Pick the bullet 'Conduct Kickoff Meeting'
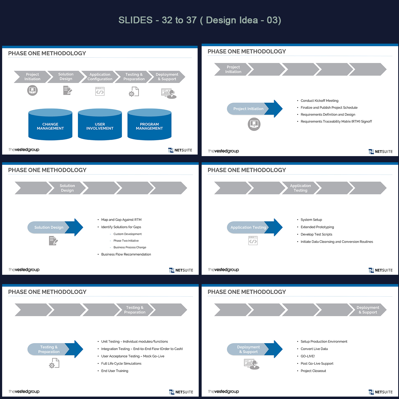(319, 101)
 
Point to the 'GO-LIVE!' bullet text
(307, 356)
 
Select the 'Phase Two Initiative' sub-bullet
(126, 241)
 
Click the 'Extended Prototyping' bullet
(317, 227)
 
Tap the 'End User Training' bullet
(115, 371)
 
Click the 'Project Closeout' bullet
(313, 371)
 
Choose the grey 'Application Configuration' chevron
(100, 77)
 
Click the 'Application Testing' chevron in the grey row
(300, 188)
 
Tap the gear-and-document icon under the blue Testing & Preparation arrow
(54, 363)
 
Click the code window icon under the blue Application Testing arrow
(253, 240)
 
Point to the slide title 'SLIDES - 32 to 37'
(199, 20)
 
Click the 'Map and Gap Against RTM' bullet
(121, 220)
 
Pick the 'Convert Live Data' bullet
(314, 349)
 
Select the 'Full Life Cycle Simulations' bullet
(121, 363)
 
